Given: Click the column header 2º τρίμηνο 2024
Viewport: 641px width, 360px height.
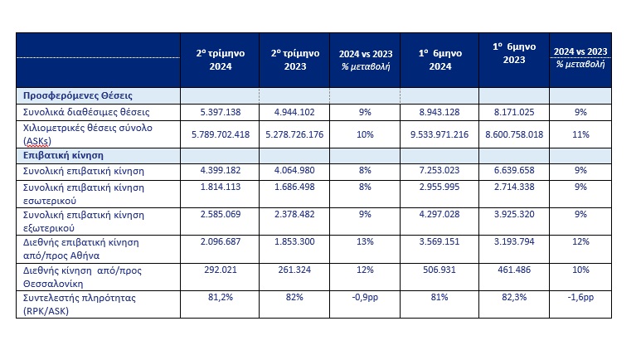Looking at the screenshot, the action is coord(221,60).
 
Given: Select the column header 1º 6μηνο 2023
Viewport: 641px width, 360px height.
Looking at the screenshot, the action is coord(514,53).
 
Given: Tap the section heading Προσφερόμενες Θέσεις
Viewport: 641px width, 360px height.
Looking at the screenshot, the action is coord(78,95).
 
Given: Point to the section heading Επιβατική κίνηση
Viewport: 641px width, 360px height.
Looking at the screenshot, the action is coord(63,155).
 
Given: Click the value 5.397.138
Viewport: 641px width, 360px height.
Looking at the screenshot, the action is coord(221,112).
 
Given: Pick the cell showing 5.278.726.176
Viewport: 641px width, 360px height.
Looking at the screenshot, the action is coord(294,134).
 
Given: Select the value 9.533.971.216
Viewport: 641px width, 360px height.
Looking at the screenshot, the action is coord(439,134).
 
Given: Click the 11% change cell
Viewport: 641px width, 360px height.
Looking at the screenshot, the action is coord(580,134).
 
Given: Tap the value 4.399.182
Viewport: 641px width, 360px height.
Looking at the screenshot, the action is coord(221,170).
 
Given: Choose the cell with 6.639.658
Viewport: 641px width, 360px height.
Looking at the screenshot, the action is coord(514,170).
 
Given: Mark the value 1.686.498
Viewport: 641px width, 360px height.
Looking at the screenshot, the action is coord(294,187).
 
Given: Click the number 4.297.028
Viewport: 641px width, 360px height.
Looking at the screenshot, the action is coord(439,214).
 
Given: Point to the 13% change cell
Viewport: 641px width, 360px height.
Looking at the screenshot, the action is coord(365,241).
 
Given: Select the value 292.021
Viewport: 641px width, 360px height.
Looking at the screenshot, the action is coord(221,270).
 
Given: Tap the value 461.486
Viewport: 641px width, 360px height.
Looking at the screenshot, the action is coord(514,270).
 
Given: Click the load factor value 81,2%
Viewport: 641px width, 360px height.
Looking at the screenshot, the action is coord(221,298).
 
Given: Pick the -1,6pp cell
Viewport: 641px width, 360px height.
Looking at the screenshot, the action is coord(580,298).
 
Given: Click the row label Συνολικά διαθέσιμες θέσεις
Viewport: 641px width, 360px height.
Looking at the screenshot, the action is coord(86,112).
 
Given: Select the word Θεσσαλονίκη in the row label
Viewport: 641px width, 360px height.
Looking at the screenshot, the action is coord(53,284).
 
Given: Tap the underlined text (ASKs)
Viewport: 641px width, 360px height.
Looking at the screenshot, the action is coord(37,142).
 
